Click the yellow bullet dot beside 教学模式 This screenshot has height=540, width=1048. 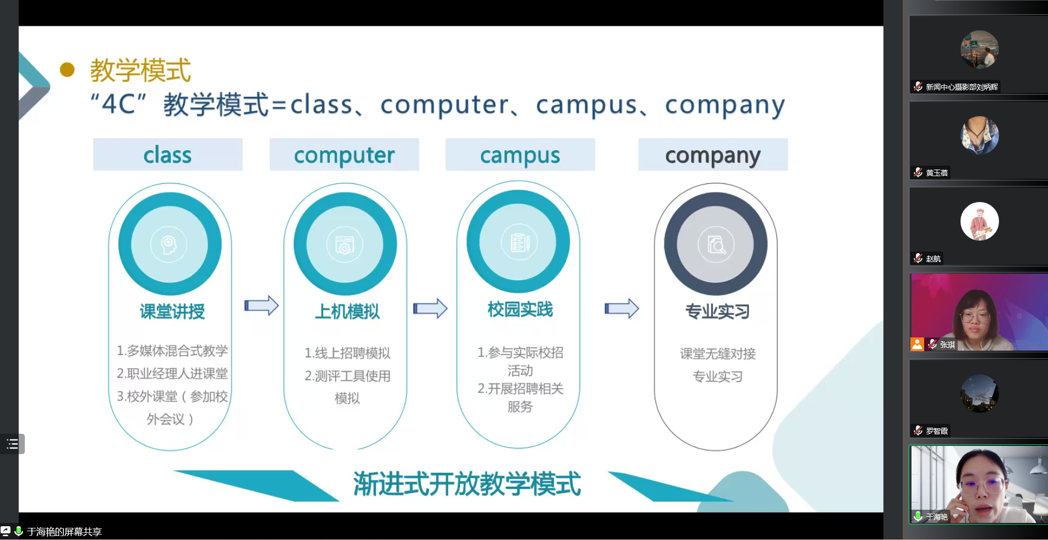pyautogui.click(x=67, y=69)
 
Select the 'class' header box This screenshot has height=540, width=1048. pyautogui.click(x=168, y=155)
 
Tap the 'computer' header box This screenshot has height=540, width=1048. pyautogui.click(x=345, y=155)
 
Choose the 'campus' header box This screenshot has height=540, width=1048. pyautogui.click(x=520, y=155)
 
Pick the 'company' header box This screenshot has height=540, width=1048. pyautogui.click(x=713, y=155)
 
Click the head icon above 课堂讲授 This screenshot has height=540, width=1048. pyautogui.click(x=169, y=244)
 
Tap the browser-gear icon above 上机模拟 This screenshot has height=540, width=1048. pyautogui.click(x=345, y=245)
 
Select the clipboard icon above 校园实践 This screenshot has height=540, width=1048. pyautogui.click(x=519, y=242)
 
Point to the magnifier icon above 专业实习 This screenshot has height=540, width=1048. pyautogui.click(x=716, y=244)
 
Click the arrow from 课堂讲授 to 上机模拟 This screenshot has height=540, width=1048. pyautogui.click(x=261, y=306)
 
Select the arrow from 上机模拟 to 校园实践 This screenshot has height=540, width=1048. pyautogui.click(x=430, y=308)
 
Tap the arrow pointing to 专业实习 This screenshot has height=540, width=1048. pyautogui.click(x=622, y=308)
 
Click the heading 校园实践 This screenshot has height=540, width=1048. pyautogui.click(x=520, y=309)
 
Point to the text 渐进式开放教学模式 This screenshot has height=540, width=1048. pyautogui.click(x=467, y=484)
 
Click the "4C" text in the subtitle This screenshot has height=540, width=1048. pyautogui.click(x=119, y=103)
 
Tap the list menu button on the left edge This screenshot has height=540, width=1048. pyautogui.click(x=12, y=444)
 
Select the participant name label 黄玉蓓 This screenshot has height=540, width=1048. pyautogui.click(x=937, y=173)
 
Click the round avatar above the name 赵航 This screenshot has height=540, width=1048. pyautogui.click(x=980, y=221)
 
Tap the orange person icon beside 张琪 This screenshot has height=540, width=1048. pyautogui.click(x=917, y=344)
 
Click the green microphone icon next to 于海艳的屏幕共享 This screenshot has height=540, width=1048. pyautogui.click(x=19, y=531)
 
